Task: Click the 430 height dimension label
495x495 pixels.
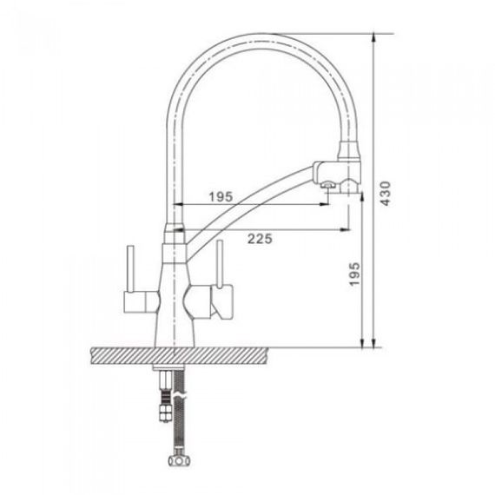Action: click(386, 193)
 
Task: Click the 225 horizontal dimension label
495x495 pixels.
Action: click(260, 239)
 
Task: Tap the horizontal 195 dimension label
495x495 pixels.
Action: click(221, 197)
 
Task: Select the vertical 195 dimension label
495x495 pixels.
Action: click(354, 274)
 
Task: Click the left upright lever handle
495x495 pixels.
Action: click(130, 268)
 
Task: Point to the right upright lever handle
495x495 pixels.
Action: click(220, 264)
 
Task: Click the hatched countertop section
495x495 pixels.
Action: click(180, 356)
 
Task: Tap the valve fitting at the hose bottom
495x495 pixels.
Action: click(179, 460)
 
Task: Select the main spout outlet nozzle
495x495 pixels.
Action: click(350, 186)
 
